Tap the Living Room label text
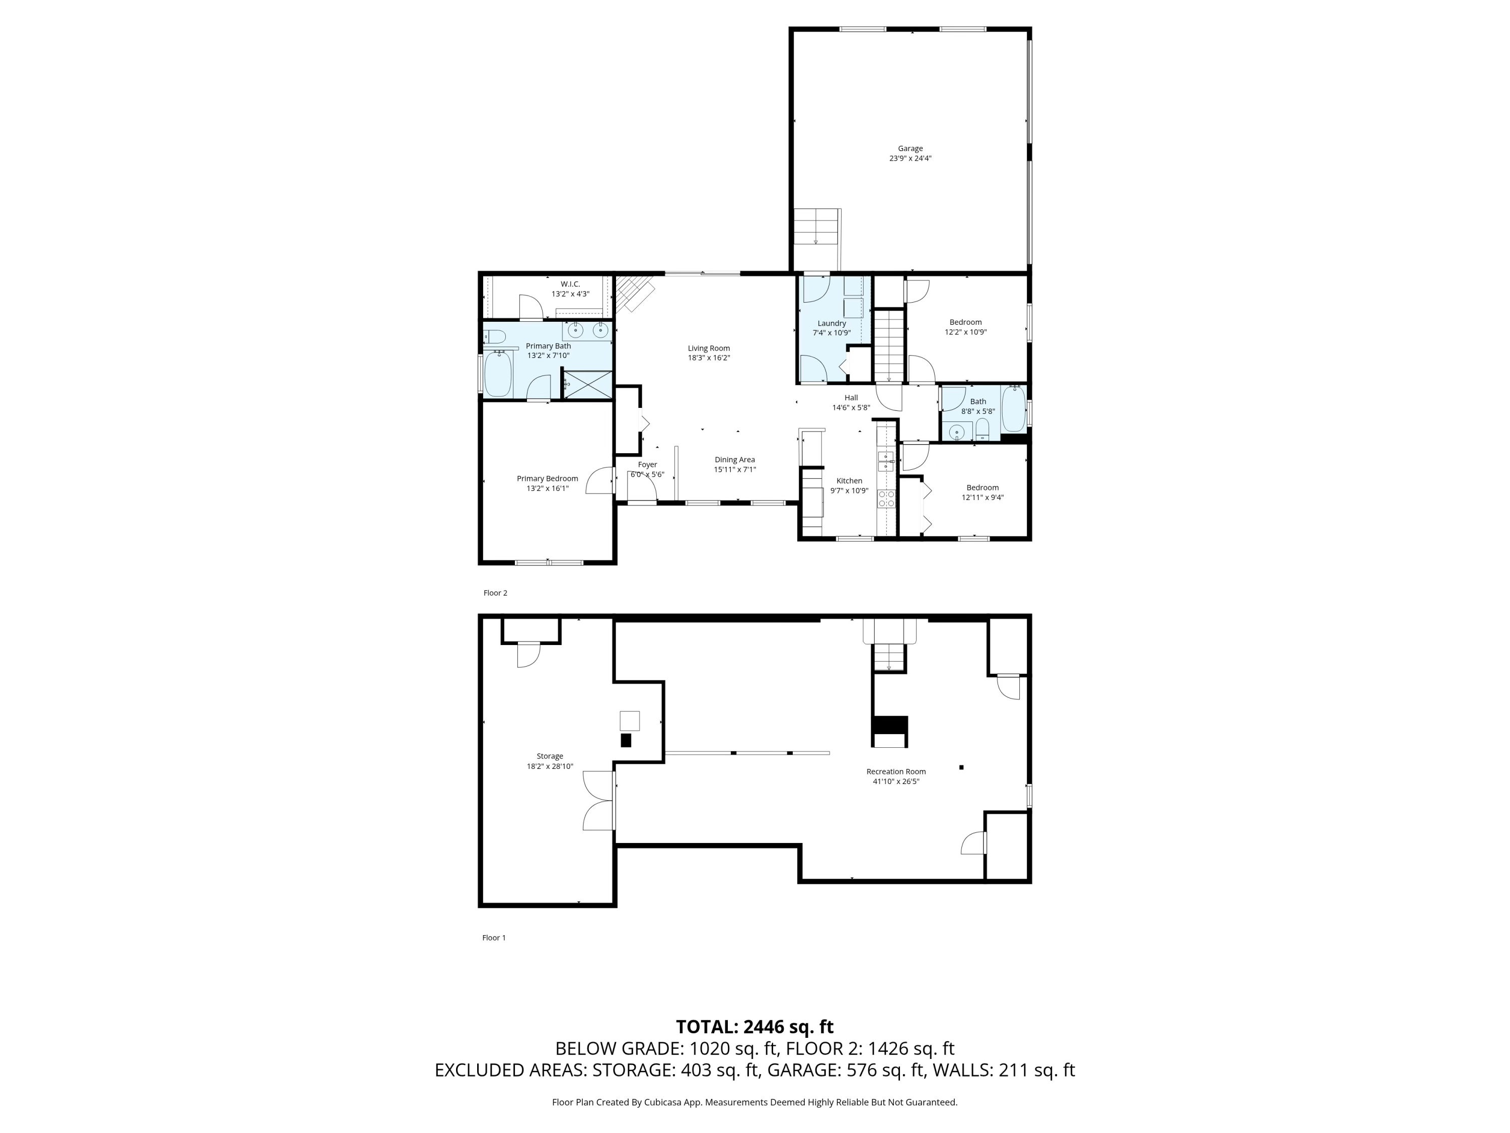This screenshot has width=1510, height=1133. pyautogui.click(x=709, y=348)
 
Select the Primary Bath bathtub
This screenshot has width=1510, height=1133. pyautogui.click(x=498, y=374)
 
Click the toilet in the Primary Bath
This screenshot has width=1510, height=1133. pyautogui.click(x=495, y=337)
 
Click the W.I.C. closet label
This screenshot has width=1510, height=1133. pyautogui.click(x=570, y=284)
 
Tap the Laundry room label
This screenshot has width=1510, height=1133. pyautogui.click(x=832, y=324)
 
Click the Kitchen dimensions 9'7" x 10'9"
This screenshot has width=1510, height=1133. pyautogui.click(x=849, y=491)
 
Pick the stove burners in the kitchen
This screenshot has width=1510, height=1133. pyautogui.click(x=886, y=499)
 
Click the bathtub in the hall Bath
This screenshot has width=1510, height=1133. pyautogui.click(x=1014, y=408)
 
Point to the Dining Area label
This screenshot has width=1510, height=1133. pyautogui.click(x=734, y=460)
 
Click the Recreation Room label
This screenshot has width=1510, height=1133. pyautogui.click(x=895, y=772)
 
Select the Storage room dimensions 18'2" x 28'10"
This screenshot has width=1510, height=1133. pyautogui.click(x=550, y=766)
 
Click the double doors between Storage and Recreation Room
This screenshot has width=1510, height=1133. pyautogui.click(x=599, y=801)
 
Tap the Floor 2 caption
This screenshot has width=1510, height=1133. pyautogui.click(x=495, y=593)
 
